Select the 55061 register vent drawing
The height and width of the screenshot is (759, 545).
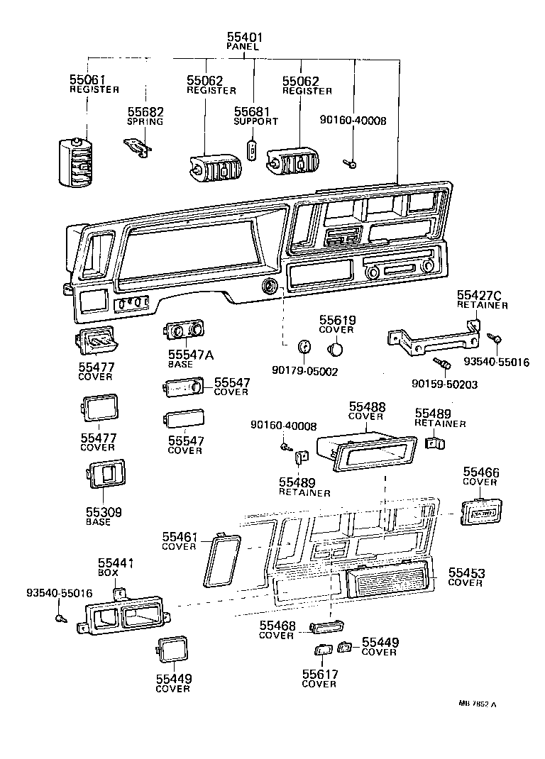point(75,162)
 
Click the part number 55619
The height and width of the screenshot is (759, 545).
point(337,320)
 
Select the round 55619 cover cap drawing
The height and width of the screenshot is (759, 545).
point(337,350)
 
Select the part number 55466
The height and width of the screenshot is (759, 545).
point(481,472)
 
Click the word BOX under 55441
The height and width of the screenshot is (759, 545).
point(106,572)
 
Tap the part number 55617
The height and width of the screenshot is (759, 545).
point(319,675)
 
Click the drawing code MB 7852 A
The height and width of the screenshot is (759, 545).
point(477,704)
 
